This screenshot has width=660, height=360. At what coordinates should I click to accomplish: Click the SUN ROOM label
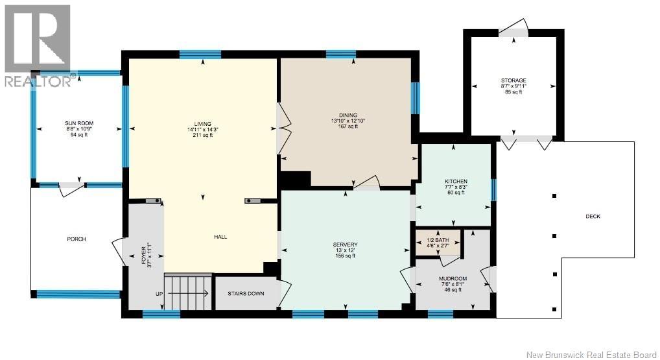click(x=79, y=123)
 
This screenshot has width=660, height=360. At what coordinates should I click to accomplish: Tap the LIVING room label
click(x=202, y=124)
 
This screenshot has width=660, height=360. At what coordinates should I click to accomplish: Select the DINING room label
click(x=348, y=115)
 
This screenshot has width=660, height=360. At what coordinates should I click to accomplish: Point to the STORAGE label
click(x=513, y=80)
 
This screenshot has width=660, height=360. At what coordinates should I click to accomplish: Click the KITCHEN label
click(x=453, y=182)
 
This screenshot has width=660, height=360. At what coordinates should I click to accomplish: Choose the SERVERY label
click(x=345, y=245)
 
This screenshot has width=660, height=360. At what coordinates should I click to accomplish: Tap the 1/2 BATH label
click(x=438, y=240)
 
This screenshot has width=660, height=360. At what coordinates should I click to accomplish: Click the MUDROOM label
click(x=453, y=279)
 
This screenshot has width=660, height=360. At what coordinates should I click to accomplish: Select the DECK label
click(x=593, y=217)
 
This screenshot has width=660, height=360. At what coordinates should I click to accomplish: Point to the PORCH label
click(x=77, y=239)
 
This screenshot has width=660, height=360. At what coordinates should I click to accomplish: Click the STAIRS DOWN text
click(x=246, y=293)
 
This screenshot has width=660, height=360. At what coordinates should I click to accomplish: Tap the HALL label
click(x=220, y=237)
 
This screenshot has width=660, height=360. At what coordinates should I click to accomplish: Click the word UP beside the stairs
click(x=159, y=294)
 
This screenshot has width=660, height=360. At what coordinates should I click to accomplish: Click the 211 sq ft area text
click(x=202, y=135)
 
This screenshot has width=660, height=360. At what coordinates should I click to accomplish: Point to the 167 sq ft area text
click(x=348, y=126)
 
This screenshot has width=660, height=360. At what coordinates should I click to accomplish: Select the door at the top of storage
click(x=513, y=27)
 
